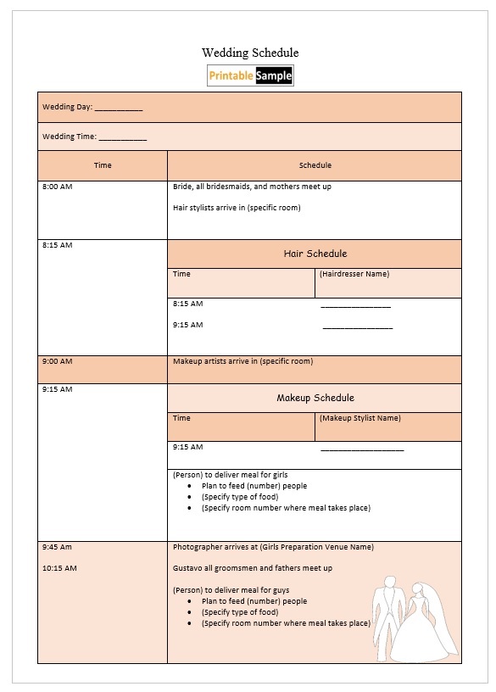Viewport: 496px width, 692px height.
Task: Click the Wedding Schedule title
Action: point(250,53)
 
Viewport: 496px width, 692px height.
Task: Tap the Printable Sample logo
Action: point(250,76)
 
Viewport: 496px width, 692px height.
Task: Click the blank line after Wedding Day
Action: point(119,109)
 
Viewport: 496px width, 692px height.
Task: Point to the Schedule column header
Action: point(315,165)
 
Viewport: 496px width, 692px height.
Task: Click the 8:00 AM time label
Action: point(57,187)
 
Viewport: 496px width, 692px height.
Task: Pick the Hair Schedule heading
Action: point(315,254)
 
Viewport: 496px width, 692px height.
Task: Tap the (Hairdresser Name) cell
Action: point(354,275)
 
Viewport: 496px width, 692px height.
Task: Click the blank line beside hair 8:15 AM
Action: point(356,305)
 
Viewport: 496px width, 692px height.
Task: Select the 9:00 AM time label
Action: point(57,361)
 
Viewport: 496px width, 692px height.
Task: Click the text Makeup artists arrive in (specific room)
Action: point(242,361)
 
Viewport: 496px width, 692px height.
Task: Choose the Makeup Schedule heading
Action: point(315,398)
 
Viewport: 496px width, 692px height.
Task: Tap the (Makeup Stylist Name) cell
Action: point(359,418)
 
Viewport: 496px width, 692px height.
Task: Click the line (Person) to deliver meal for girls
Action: point(236,475)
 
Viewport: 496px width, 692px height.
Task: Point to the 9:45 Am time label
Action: point(57,547)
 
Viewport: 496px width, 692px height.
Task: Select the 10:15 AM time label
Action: point(59,568)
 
